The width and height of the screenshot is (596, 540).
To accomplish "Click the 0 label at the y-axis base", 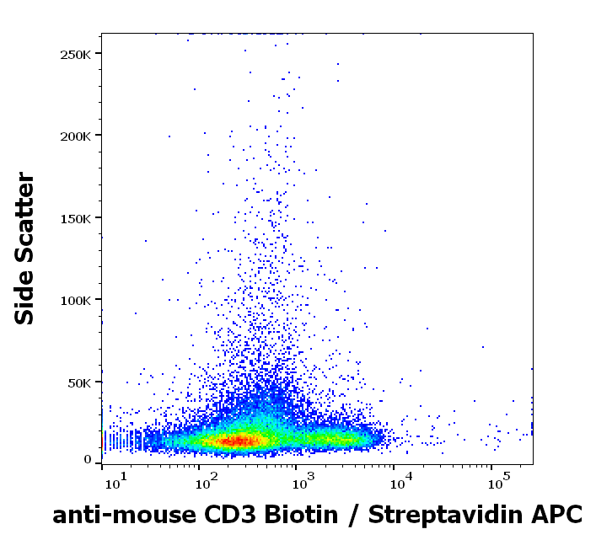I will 88,459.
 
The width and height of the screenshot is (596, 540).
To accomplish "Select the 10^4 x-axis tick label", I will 399,484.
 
